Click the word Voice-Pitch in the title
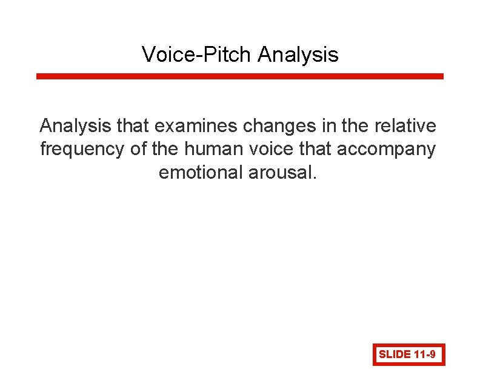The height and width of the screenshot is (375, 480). click(197, 55)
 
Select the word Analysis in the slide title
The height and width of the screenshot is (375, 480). click(298, 55)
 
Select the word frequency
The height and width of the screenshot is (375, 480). click(83, 149)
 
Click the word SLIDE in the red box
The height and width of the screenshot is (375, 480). click(395, 354)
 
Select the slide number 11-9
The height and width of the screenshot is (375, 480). click(425, 354)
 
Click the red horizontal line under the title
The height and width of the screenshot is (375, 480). click(240, 76)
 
